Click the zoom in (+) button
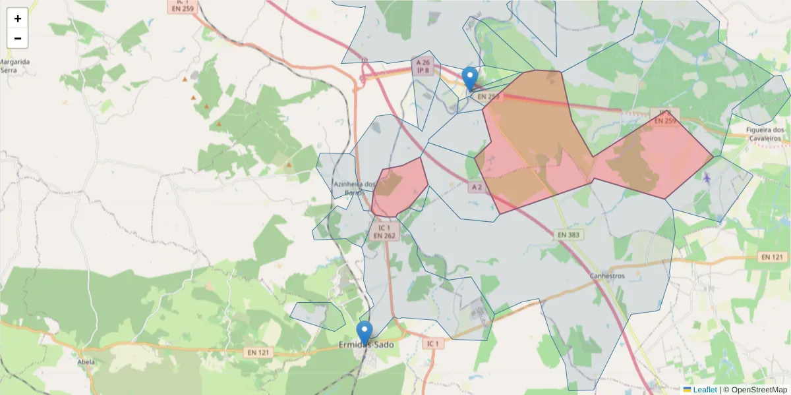click(18, 18)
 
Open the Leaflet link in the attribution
click(704, 390)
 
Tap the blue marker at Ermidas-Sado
click(364, 332)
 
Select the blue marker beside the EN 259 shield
click(470, 78)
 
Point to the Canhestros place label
click(608, 276)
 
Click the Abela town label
click(86, 362)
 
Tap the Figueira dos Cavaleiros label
click(765, 134)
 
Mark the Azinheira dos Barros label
click(354, 188)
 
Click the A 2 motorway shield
click(477, 188)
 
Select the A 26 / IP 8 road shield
click(423, 66)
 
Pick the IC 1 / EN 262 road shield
click(384, 232)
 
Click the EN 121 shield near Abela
click(259, 353)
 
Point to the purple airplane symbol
click(707, 177)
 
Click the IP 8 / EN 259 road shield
click(664, 117)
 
